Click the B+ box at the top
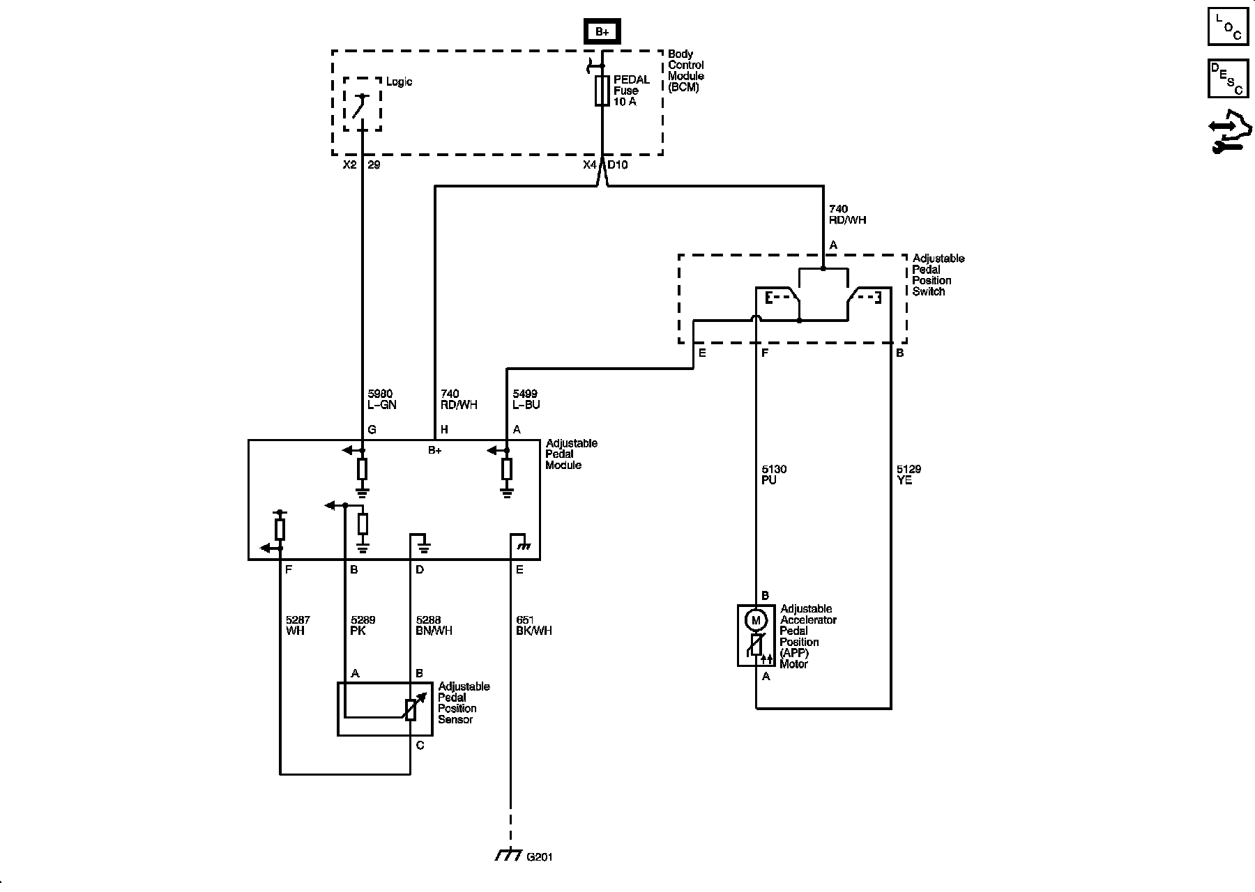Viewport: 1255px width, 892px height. tap(602, 32)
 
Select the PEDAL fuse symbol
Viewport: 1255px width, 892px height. tap(602, 91)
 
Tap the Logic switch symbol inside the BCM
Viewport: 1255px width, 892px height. tap(360, 105)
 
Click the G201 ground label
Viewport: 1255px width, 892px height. tap(539, 857)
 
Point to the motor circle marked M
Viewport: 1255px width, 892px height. tap(756, 619)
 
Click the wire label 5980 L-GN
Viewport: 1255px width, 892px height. tap(382, 399)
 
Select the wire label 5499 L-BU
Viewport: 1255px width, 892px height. tap(526, 399)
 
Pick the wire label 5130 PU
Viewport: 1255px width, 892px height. tap(773, 475)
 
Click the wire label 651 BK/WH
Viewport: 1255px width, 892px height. tap(533, 625)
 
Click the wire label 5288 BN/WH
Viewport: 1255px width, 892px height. tap(434, 625)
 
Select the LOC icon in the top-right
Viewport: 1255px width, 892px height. tap(1228, 26)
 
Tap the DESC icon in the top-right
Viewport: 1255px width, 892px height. tap(1228, 78)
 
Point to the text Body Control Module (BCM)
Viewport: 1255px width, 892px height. tap(685, 70)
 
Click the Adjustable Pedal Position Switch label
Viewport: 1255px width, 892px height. tap(938, 275)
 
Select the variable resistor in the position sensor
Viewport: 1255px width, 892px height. tap(411, 709)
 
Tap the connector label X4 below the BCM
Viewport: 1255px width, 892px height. tap(589, 165)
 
